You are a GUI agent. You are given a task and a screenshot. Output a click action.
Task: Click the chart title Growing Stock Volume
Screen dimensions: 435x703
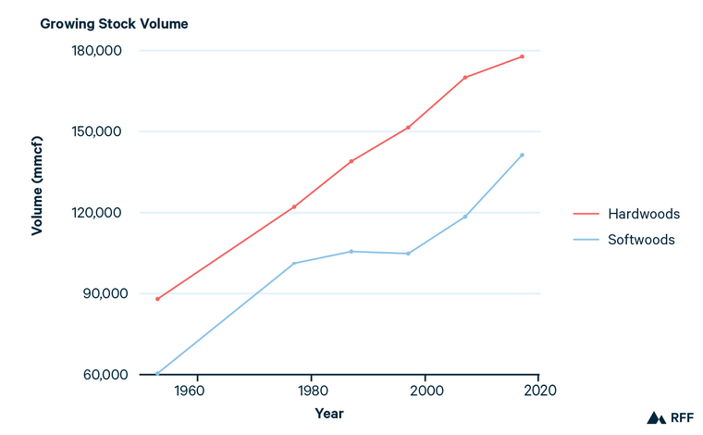(x=114, y=23)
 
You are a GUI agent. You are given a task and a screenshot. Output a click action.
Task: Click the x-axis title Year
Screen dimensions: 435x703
(x=328, y=413)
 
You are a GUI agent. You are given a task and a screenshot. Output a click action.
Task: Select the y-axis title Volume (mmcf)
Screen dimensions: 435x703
(x=37, y=213)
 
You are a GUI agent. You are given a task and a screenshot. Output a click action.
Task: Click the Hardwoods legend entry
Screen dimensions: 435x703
(x=643, y=214)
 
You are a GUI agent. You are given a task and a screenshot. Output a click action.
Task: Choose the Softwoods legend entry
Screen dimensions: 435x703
(x=641, y=240)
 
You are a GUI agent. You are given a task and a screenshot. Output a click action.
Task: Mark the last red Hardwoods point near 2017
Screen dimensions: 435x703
(x=522, y=56)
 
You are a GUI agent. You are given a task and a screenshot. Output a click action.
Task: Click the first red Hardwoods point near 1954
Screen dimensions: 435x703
(x=157, y=299)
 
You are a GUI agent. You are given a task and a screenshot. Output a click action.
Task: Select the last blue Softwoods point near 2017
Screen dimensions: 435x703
(x=522, y=155)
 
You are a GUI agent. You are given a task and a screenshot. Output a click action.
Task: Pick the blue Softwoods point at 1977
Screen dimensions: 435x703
(x=293, y=264)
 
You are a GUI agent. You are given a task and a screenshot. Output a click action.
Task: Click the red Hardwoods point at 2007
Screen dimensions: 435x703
(x=464, y=78)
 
